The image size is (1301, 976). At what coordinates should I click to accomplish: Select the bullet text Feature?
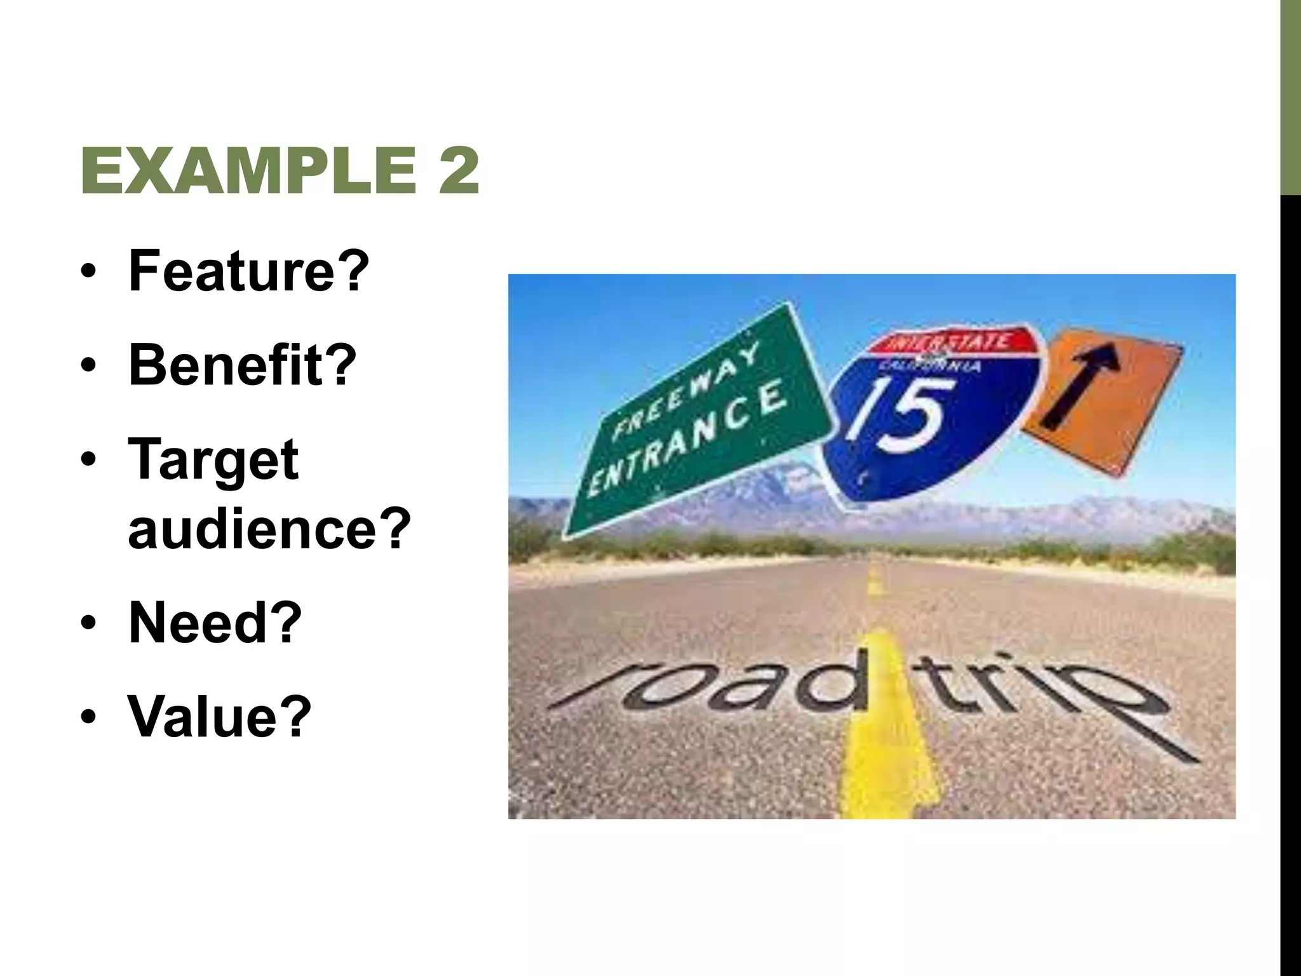point(248,271)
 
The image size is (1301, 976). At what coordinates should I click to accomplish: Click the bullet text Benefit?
point(242,365)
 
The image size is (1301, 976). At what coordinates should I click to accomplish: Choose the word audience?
point(269,529)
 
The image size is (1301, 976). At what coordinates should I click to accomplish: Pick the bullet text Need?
point(215,623)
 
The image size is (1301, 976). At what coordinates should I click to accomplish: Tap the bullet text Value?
point(220,717)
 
